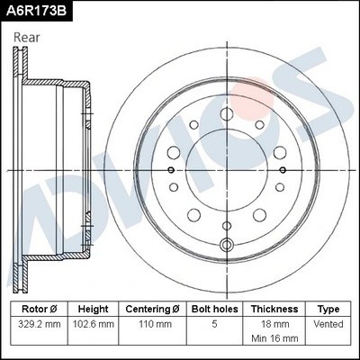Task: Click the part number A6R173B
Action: point(38,11)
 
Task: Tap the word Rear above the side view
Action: point(27,38)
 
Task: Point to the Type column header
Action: point(328,309)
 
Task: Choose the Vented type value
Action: point(328,323)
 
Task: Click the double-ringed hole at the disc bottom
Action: point(227,245)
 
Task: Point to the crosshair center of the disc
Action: point(227,169)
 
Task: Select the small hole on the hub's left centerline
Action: point(171,169)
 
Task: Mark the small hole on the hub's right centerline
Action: point(283,169)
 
